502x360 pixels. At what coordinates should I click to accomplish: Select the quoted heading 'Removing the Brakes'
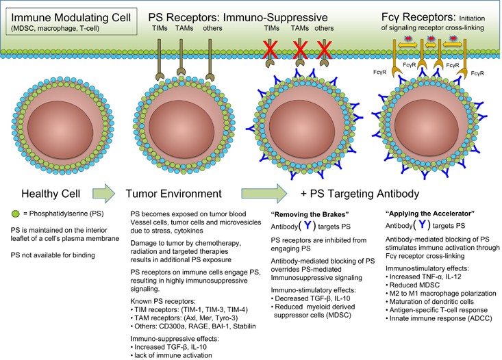tap(308, 211)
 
